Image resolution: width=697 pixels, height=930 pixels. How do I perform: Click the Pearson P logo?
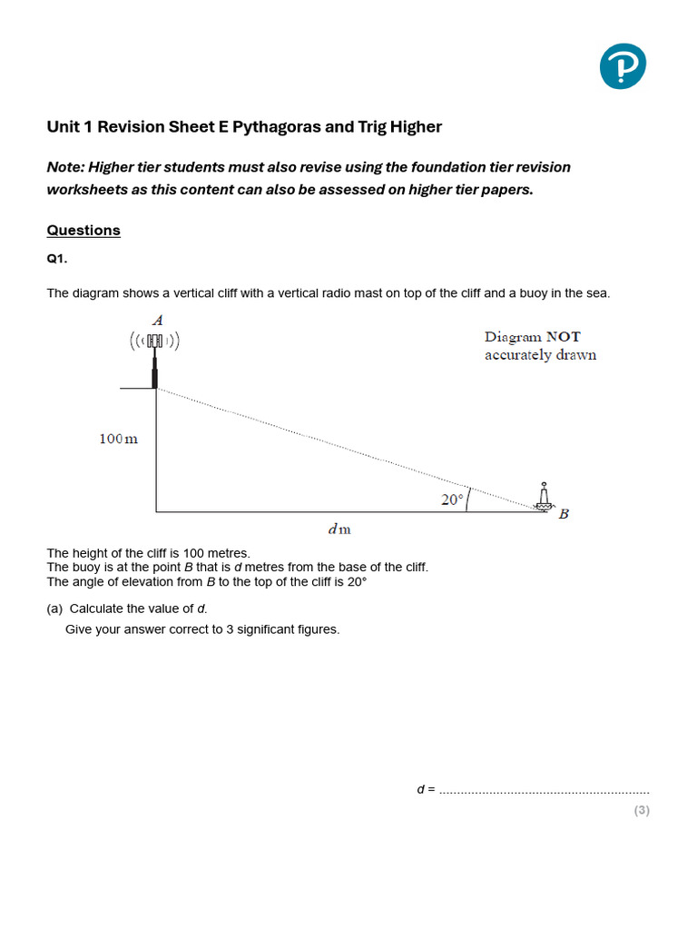[623, 66]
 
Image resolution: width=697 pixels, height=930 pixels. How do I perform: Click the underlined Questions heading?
[83, 231]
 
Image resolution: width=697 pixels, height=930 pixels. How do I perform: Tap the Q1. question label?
[57, 259]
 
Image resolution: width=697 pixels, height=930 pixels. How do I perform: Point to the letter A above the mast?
[158, 320]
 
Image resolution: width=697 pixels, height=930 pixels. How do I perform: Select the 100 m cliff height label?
[119, 440]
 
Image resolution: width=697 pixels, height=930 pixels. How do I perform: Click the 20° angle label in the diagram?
[453, 500]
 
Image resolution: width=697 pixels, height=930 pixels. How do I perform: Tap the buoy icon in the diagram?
[544, 498]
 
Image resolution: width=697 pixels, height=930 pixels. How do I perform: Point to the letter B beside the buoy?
[564, 514]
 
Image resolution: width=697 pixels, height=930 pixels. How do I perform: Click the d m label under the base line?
[339, 529]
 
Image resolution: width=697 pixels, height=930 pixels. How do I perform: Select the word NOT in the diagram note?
[563, 337]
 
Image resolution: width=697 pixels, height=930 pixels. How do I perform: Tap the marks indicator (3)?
[642, 810]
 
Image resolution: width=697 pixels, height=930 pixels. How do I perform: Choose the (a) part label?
[54, 608]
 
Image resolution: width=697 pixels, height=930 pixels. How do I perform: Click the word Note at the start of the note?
[65, 167]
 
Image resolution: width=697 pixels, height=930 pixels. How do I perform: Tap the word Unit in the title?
[62, 127]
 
